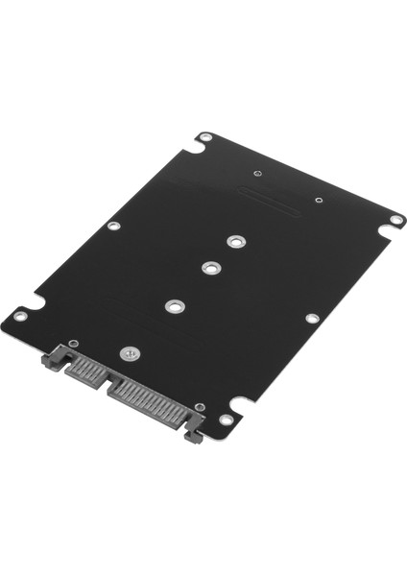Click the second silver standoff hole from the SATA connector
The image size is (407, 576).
click(174, 307)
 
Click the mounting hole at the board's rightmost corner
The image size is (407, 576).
click(395, 220)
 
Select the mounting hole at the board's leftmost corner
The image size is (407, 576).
click(21, 312)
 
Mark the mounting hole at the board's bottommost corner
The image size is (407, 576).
click(227, 420)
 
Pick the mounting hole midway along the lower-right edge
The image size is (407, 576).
click(312, 319)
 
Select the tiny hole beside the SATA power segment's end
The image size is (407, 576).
click(199, 409)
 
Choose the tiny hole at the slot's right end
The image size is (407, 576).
click(318, 202)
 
